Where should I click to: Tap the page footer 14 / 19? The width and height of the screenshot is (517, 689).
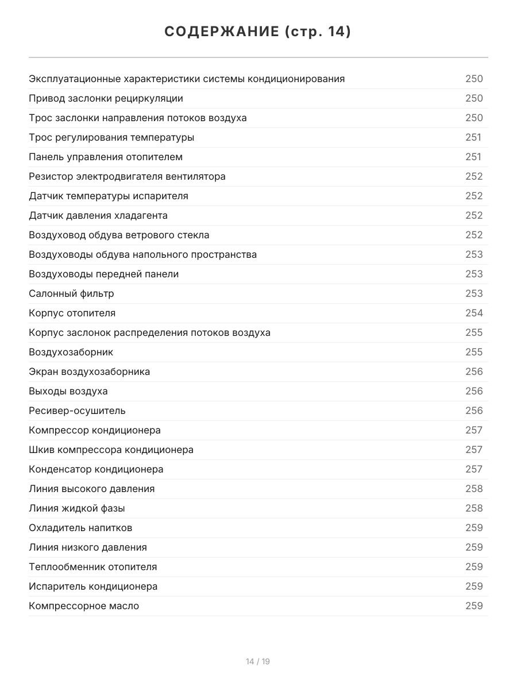click(258, 661)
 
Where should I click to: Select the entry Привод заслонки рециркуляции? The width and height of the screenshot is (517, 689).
click(106, 98)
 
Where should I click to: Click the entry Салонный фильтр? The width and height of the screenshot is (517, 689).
click(71, 293)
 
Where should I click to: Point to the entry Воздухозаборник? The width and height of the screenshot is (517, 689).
click(71, 352)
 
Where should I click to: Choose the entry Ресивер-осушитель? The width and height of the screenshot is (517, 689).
click(77, 411)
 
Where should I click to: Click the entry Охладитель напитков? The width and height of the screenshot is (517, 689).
click(80, 528)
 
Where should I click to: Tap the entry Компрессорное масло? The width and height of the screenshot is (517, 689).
click(84, 606)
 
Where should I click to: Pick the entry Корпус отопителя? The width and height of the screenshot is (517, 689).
click(72, 313)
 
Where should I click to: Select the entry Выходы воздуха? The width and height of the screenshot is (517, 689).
click(68, 391)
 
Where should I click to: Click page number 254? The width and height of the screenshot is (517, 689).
click(474, 313)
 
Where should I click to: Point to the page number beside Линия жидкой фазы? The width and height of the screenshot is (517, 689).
click(474, 508)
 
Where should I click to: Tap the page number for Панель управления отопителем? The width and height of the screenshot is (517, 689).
click(473, 157)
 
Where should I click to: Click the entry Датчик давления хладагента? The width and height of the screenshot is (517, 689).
click(98, 215)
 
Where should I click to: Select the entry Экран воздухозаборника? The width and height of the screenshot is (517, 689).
click(89, 371)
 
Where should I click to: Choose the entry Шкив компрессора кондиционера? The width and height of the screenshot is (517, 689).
click(111, 450)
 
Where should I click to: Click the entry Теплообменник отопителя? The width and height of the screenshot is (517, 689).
click(92, 567)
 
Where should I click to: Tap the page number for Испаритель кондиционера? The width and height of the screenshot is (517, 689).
click(474, 586)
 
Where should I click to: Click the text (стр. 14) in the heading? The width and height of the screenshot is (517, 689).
click(318, 32)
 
